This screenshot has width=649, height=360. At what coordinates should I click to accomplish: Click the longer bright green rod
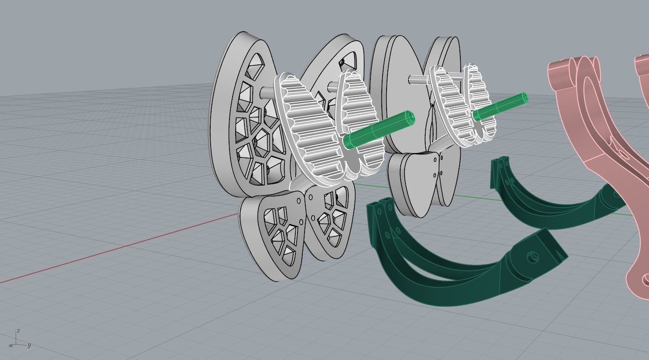(x=377, y=130)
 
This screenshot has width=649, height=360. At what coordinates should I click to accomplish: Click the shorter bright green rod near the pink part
(x=500, y=107)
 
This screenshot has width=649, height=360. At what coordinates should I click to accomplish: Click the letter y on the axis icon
(x=29, y=345)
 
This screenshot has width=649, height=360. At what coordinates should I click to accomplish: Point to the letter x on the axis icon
(x=11, y=346)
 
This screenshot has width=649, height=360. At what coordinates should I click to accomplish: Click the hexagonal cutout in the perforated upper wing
(x=263, y=140)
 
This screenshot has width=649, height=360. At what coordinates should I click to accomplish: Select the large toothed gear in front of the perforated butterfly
(x=307, y=127)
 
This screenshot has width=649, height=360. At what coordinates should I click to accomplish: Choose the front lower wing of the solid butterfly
(x=412, y=184)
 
